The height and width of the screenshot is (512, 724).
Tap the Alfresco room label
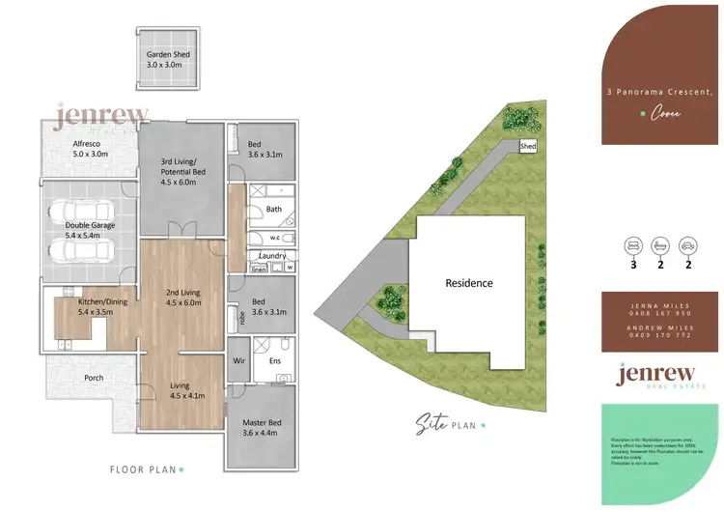[x=77, y=148]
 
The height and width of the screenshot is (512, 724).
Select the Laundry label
[x=272, y=256]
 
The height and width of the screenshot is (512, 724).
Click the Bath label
[x=273, y=209]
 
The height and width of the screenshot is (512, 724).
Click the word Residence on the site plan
[x=469, y=283]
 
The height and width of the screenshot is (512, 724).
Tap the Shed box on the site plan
[x=528, y=147]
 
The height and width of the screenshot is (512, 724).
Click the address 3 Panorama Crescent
[x=659, y=92]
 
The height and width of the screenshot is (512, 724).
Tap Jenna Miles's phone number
[x=662, y=313]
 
